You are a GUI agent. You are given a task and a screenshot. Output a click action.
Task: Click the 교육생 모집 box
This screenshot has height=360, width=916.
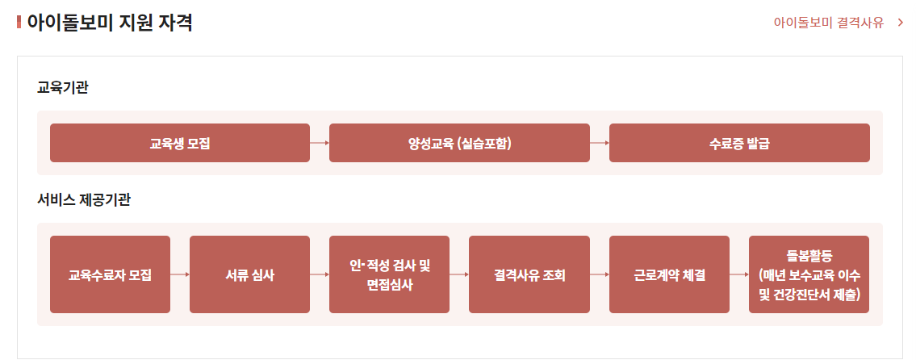click(x=179, y=143)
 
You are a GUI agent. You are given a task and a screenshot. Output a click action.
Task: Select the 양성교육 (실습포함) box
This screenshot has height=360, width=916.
click(x=459, y=143)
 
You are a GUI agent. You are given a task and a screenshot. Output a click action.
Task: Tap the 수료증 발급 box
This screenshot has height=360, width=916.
click(x=739, y=143)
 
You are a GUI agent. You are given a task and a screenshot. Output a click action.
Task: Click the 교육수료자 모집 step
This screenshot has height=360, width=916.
click(x=110, y=274)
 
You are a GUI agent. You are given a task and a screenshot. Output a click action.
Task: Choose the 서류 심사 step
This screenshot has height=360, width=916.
click(x=249, y=274)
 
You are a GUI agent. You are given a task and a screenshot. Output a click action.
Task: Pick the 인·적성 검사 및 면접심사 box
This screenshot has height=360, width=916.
click(x=389, y=274)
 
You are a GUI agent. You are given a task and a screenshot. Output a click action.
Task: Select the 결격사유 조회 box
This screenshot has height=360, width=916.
click(x=529, y=274)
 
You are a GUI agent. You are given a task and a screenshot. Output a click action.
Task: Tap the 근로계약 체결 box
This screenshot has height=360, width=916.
click(x=669, y=274)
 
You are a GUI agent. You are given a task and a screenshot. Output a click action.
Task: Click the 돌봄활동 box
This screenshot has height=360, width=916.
click(x=809, y=274)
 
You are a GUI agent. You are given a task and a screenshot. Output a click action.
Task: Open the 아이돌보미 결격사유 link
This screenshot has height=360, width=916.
click(x=827, y=22)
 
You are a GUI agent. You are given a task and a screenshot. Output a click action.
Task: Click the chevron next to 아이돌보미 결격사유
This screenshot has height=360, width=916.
click(x=900, y=22)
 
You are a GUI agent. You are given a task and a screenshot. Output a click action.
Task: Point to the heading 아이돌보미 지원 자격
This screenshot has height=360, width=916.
click(x=110, y=22)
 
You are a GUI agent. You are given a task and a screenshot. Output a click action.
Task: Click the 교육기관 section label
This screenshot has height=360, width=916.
click(x=62, y=87)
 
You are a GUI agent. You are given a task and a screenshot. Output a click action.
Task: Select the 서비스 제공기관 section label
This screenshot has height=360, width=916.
click(x=84, y=199)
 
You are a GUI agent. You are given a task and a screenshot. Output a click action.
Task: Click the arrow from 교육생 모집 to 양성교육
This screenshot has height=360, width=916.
click(x=320, y=143)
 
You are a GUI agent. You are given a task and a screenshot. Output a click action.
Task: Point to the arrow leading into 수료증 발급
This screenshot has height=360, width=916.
click(x=600, y=143)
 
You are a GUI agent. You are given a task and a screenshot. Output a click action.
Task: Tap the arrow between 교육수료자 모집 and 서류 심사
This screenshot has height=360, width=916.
click(x=180, y=274)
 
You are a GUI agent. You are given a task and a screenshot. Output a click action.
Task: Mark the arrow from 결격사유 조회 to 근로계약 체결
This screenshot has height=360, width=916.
click(x=600, y=274)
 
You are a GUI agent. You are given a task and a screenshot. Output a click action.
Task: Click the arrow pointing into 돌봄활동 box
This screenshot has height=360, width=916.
click(x=739, y=274)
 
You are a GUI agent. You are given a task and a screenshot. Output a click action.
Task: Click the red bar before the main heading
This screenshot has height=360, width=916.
click(x=19, y=22)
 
